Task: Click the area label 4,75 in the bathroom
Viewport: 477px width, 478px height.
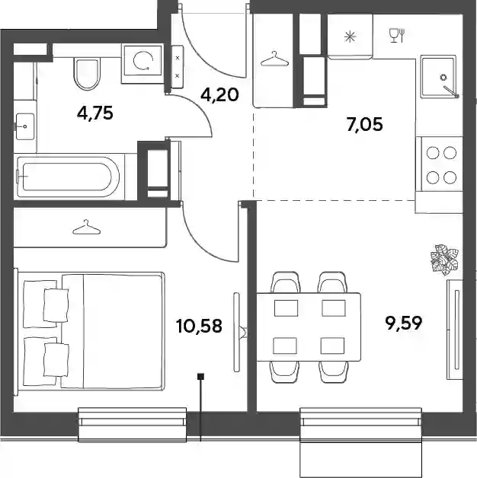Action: pos(95,113)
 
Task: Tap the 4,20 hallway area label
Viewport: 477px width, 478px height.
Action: pos(219,95)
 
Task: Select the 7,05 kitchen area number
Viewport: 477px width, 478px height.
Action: pos(365,124)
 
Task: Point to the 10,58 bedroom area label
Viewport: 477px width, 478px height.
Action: pos(199,326)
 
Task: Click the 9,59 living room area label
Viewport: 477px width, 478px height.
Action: pos(404,323)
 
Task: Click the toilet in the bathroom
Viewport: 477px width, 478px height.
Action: pos(88,74)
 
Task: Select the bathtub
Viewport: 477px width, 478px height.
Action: pos(69,177)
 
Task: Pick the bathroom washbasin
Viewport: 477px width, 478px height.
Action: pos(25,126)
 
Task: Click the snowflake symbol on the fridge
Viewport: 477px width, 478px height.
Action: pos(350,37)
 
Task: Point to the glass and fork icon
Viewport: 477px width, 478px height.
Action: pos(397,35)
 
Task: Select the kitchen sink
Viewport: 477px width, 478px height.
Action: pos(438,77)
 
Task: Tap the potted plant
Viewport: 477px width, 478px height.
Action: pos(444,260)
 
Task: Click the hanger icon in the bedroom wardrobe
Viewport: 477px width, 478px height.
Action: pos(87,228)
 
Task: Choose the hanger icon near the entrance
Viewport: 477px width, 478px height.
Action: pos(274,59)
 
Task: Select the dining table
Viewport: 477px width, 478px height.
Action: pos(309,327)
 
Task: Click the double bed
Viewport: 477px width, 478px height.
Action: pos(91,331)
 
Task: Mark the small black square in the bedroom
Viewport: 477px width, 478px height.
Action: pos(201,377)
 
